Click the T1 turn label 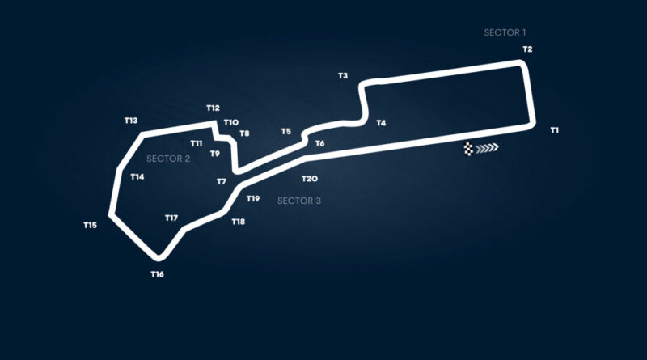(554, 130)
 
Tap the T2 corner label (527, 49)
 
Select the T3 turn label (343, 75)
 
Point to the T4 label (381, 123)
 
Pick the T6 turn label (319, 143)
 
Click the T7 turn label (222, 181)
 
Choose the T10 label (231, 122)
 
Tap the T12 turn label (213, 108)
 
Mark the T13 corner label (131, 121)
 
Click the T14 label (137, 176)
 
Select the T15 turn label (90, 225)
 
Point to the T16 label (157, 274)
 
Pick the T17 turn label (171, 218)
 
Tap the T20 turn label (310, 179)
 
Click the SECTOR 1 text (505, 32)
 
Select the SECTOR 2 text (168, 159)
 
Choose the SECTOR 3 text (298, 201)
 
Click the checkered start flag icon (468, 149)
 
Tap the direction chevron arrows (487, 148)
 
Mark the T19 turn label (253, 198)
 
